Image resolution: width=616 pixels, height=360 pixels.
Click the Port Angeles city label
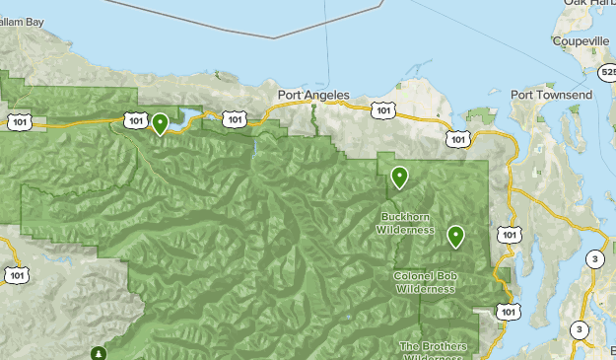coord(313,96)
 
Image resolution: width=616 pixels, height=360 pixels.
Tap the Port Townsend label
coord(551,95)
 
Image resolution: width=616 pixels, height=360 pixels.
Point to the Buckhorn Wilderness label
coord(405,223)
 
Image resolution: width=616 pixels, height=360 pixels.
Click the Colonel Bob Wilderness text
coord(425,283)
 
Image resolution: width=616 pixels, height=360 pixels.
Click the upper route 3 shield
coord(594,258)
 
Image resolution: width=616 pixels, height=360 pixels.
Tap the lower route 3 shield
coord(580,329)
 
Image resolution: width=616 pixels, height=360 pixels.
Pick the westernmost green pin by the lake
coord(160,123)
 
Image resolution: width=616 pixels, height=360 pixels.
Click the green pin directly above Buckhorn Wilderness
coord(399,177)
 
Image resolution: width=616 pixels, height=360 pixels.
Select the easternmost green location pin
coord(455,236)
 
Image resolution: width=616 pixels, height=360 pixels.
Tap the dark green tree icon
coord(98,352)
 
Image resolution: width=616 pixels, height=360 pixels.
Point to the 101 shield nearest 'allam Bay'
coord(19,121)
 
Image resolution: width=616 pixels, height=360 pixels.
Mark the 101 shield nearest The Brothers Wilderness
coord(508,312)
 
